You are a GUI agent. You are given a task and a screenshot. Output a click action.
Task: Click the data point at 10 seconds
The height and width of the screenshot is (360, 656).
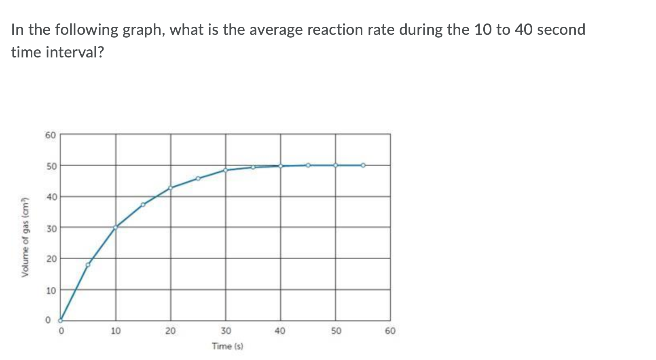tap(116, 227)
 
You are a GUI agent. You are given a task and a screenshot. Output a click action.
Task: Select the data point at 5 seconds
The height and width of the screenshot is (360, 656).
tap(88, 265)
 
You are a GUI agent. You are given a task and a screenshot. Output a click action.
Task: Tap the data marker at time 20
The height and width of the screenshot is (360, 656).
tap(170, 188)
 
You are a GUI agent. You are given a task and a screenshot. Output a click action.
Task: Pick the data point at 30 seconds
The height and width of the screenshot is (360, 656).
tap(226, 170)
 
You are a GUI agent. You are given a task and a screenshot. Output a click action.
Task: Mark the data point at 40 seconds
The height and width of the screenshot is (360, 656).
tap(281, 165)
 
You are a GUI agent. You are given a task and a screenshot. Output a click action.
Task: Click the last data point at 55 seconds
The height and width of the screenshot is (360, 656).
tap(363, 165)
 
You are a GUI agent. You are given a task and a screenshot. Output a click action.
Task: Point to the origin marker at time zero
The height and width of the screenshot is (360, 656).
tap(60, 320)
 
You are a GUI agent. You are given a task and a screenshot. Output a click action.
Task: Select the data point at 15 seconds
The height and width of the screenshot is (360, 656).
tap(143, 205)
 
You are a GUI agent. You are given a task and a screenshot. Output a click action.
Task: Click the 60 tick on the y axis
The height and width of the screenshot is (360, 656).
tap(51, 135)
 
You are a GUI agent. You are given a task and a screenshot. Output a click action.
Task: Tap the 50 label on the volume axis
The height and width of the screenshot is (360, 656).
tap(51, 166)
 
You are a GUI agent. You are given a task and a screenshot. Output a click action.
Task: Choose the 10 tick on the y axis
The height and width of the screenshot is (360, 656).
tap(51, 290)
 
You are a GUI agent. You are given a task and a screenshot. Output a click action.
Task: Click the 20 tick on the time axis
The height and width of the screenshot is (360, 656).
tap(170, 331)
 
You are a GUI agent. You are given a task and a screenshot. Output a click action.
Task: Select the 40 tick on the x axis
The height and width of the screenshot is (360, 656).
tap(280, 331)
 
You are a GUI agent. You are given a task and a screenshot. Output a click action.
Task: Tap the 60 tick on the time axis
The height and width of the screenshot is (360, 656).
tap(390, 331)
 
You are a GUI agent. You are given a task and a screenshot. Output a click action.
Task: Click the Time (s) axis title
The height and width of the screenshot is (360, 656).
tap(227, 346)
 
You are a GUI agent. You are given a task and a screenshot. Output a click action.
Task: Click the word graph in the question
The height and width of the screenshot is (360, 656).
tap(142, 30)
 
